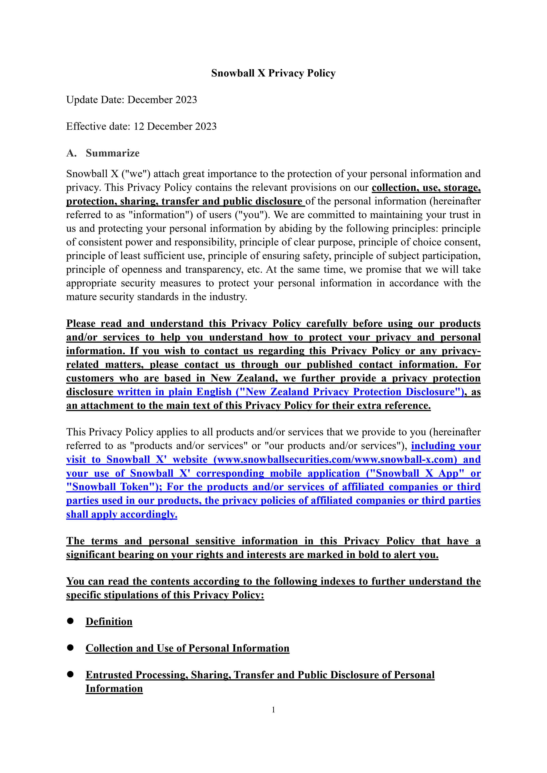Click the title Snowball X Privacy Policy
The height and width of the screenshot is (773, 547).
(x=273, y=73)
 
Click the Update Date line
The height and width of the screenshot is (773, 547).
(x=131, y=100)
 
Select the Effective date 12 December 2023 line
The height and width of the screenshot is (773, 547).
(x=141, y=126)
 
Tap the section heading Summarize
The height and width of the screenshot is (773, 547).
(x=112, y=153)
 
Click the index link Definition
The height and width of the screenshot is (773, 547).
(x=109, y=621)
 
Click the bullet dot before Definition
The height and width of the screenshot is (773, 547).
(x=70, y=621)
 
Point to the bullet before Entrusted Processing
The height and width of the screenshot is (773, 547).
(x=70, y=674)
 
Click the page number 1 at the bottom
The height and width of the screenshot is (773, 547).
(x=273, y=710)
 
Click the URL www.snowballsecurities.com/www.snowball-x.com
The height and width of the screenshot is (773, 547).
(x=335, y=460)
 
